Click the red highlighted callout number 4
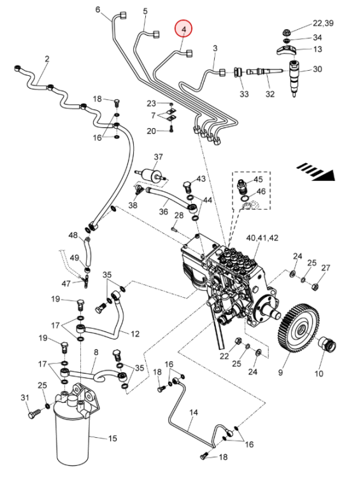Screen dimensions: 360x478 click(184, 29)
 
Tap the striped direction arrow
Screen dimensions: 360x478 click(316, 171)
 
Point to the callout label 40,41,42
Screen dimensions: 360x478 click(262, 238)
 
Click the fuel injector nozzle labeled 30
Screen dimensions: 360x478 click(294, 78)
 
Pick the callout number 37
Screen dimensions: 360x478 click(158, 157)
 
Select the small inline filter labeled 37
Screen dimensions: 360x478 click(151, 175)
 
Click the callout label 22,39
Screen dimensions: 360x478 click(323, 23)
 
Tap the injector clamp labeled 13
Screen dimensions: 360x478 click(287, 50)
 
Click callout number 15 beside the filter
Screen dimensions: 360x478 click(113, 438)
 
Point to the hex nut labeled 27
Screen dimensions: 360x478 click(315, 286)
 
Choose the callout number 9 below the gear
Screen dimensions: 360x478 click(280, 372)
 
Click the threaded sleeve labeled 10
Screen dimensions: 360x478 click(327, 345)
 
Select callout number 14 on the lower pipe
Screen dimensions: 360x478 click(193, 412)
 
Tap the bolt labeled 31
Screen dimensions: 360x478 click(34, 414)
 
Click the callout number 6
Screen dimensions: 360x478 click(97, 10)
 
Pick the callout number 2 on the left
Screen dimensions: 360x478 click(47, 59)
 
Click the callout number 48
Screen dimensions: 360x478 click(73, 235)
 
